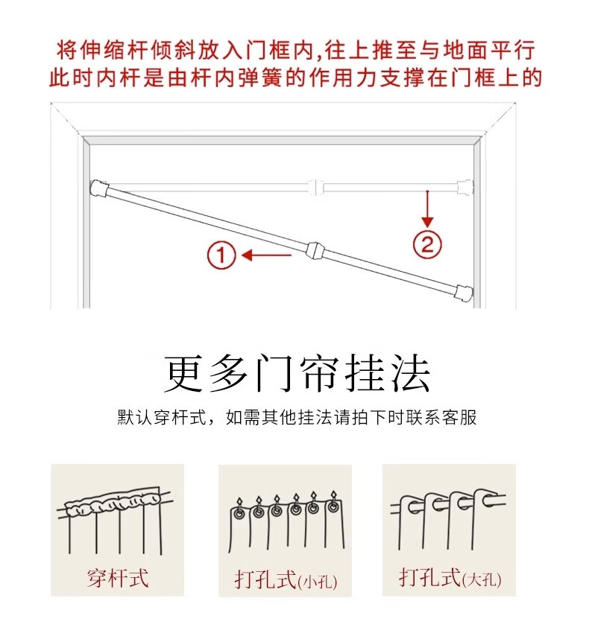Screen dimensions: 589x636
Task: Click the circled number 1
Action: coord(221,255)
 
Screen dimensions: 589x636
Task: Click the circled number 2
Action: coord(427,244)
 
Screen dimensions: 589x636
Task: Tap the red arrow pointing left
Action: coord(266,255)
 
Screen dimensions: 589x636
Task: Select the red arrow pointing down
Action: coord(427,209)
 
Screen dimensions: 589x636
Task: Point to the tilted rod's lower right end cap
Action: coord(464,293)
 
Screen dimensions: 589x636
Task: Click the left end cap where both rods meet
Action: coord(99,188)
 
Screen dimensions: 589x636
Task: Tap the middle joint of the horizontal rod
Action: coord(317,187)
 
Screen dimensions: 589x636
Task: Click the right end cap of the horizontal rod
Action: coord(465,188)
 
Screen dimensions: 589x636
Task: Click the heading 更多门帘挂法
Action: coord(297,373)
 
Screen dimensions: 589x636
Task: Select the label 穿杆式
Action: coord(118,578)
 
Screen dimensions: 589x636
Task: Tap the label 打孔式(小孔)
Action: coord(286,579)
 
